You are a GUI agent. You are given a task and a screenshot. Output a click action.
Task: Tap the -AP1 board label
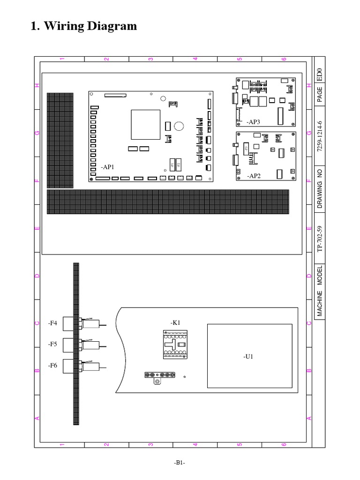click(107, 167)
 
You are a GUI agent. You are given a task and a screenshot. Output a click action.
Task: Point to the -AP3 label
click(253, 122)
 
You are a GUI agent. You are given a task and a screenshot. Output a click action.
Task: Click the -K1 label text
click(175, 322)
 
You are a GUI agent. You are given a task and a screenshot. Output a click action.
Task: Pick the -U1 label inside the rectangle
click(248, 357)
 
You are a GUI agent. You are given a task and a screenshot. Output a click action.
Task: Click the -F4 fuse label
click(52, 323)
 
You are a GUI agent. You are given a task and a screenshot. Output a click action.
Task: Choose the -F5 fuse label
click(52, 344)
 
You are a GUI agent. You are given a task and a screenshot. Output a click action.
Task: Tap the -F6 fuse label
click(52, 365)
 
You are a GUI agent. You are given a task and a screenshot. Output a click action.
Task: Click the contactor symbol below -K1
click(175, 344)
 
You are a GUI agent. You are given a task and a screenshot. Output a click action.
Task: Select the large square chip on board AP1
click(146, 125)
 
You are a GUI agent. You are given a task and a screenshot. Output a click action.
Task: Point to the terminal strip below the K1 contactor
click(160, 375)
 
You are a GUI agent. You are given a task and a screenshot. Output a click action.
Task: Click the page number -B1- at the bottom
click(180, 463)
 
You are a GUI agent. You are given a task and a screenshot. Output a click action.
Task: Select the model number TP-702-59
click(320, 239)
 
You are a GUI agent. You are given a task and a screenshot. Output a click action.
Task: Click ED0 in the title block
click(320, 73)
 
